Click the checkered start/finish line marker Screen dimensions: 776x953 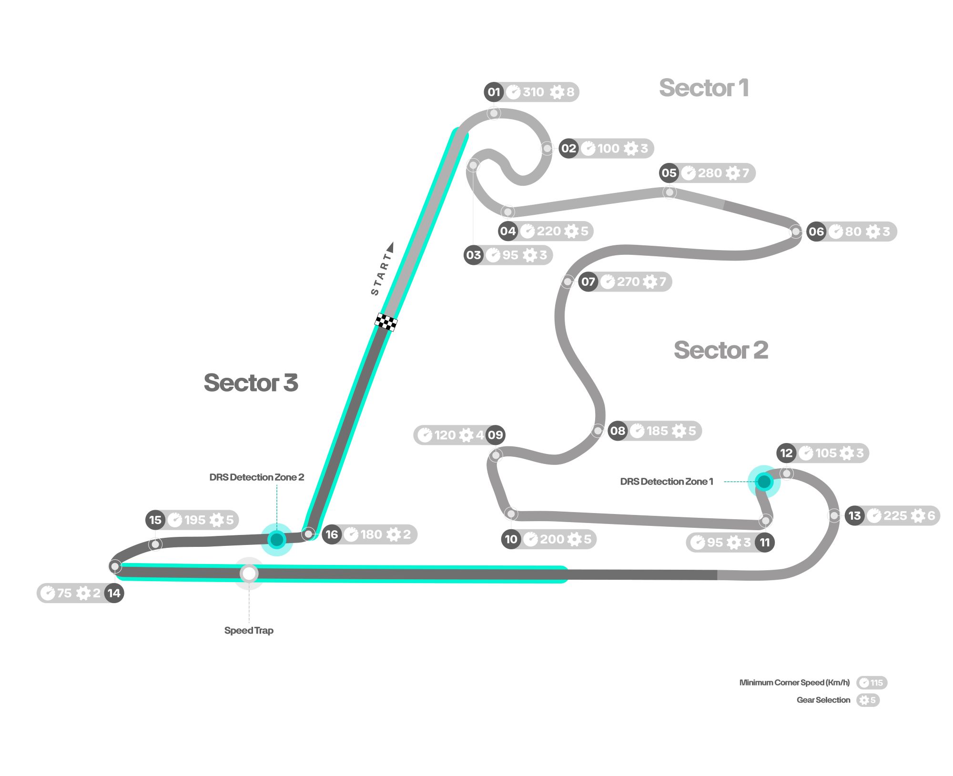pos(386,322)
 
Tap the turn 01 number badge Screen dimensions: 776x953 pos(494,92)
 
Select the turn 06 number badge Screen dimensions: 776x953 pos(816,232)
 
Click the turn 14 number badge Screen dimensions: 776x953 pos(114,593)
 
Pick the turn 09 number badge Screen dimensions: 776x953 pos(495,435)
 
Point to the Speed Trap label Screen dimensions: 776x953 pos(249,630)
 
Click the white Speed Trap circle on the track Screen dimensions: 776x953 pos(249,574)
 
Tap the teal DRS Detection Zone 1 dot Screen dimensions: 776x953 pos(764,482)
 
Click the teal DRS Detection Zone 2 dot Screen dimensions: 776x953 pos(276,540)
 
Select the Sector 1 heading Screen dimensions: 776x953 pos(703,88)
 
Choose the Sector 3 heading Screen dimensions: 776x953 pos(251,383)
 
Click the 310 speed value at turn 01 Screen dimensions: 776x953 pos(533,92)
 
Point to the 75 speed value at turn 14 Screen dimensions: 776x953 pos(64,593)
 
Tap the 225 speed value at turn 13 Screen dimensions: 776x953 pos(895,515)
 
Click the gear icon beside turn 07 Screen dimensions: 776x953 pos(649,282)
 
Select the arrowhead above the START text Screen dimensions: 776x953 pos(391,247)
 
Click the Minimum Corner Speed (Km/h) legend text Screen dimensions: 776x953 pos(794,683)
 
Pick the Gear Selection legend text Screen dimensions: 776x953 pos(823,700)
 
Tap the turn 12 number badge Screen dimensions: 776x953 pos(786,453)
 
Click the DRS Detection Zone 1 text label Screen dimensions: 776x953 pos(667,482)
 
